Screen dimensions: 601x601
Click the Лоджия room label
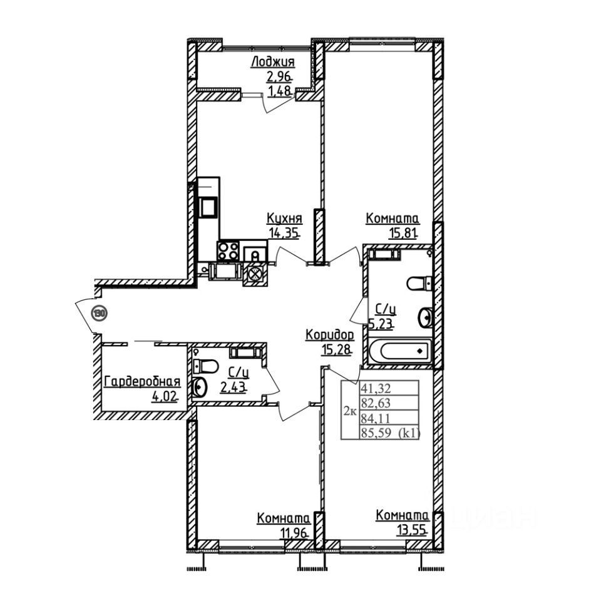click(x=272, y=61)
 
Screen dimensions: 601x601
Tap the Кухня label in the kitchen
click(x=284, y=218)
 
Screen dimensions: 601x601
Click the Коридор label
click(x=330, y=335)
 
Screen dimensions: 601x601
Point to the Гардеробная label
click(x=142, y=381)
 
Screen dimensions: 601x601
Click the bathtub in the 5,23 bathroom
click(x=399, y=351)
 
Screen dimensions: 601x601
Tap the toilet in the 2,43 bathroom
click(x=207, y=366)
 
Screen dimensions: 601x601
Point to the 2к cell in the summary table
click(x=350, y=411)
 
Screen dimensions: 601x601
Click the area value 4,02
click(x=164, y=396)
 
